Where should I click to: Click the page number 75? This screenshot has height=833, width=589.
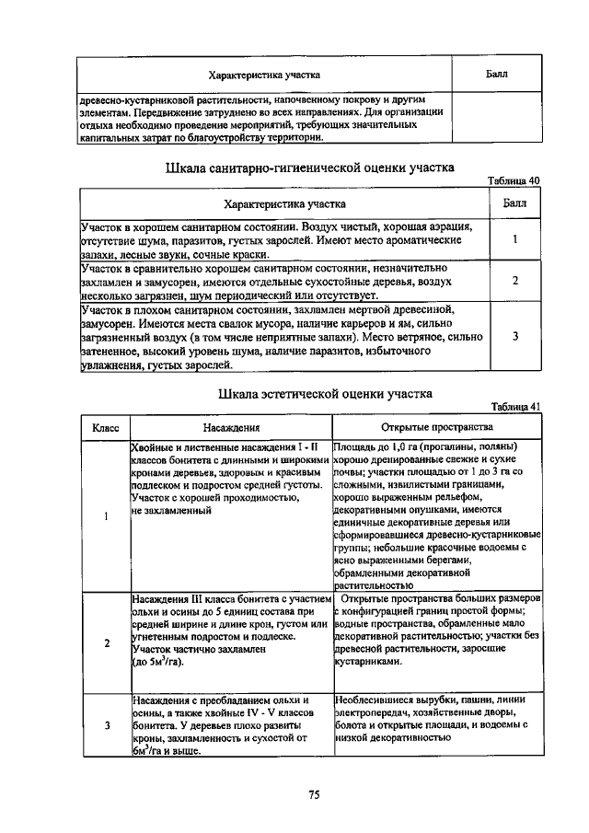[313, 796]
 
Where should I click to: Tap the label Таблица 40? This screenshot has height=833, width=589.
[514, 180]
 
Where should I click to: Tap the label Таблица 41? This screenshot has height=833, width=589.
[514, 406]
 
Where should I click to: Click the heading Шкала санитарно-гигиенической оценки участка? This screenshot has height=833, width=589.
[309, 168]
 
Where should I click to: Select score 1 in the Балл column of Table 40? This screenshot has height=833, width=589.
[515, 239]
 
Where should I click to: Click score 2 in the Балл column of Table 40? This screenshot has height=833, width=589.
[515, 281]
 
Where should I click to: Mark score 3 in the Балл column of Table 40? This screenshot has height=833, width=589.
[515, 337]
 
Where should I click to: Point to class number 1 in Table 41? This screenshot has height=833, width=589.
[106, 515]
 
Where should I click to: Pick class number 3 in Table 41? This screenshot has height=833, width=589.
[106, 725]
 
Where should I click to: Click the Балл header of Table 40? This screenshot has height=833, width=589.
[515, 202]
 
